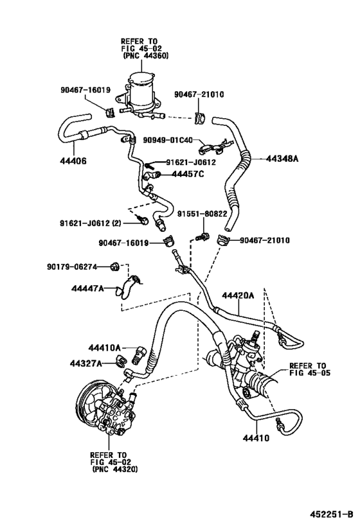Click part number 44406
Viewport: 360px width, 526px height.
point(73,161)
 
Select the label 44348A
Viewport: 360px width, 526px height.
point(282,159)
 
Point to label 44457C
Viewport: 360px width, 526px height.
point(188,174)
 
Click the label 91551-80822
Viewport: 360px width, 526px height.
point(202,214)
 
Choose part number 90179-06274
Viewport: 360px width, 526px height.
point(72,267)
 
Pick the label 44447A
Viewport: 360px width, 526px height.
point(87,288)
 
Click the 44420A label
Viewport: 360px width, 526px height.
point(238,295)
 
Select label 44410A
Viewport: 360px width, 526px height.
point(104,348)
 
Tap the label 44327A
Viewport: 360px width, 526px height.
point(85,364)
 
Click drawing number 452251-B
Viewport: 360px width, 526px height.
point(332,514)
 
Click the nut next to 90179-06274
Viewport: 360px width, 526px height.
point(114,267)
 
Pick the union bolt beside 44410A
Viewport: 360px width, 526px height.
point(141,355)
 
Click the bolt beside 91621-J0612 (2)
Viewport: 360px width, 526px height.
point(143,220)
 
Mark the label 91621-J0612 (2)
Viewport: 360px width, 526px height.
point(91,223)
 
